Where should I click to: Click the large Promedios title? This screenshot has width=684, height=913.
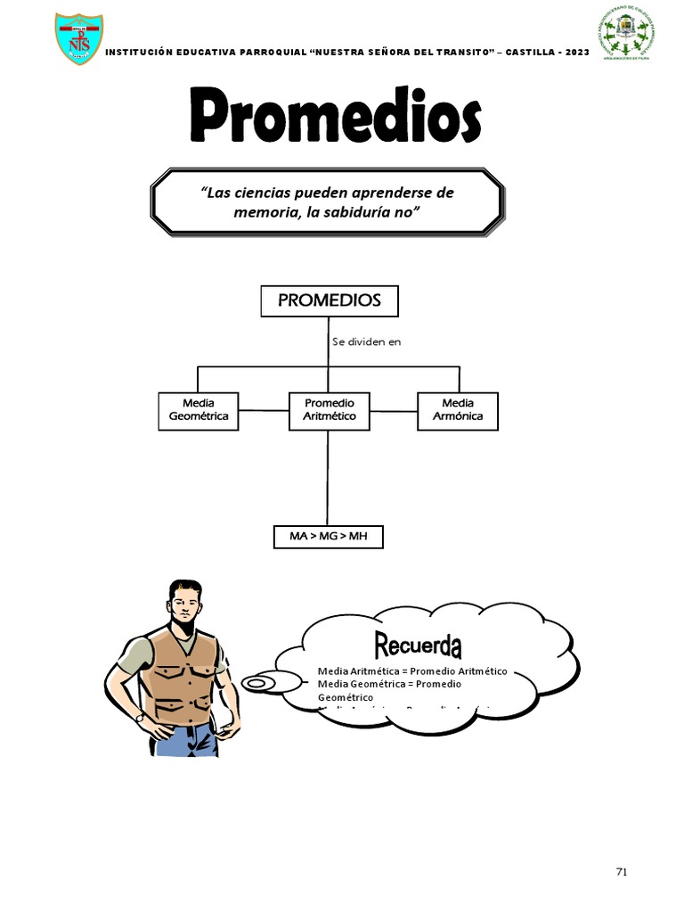(336, 117)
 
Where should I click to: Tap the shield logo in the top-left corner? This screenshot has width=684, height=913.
(78, 38)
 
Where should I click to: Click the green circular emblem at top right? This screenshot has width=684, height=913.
(627, 35)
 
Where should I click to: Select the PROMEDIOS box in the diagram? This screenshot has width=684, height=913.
(329, 300)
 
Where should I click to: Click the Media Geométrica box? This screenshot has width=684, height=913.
(199, 410)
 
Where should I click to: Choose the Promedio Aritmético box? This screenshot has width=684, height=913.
(329, 410)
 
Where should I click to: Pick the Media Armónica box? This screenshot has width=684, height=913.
(458, 410)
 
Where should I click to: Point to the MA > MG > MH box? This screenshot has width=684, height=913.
(329, 537)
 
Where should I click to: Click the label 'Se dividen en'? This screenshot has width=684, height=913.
(367, 341)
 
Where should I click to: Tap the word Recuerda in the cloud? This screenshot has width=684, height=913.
(418, 644)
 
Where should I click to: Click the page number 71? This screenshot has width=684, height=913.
(622, 872)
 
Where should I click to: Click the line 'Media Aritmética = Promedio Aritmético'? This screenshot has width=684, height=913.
(412, 671)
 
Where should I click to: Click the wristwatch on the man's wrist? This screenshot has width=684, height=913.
(140, 715)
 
